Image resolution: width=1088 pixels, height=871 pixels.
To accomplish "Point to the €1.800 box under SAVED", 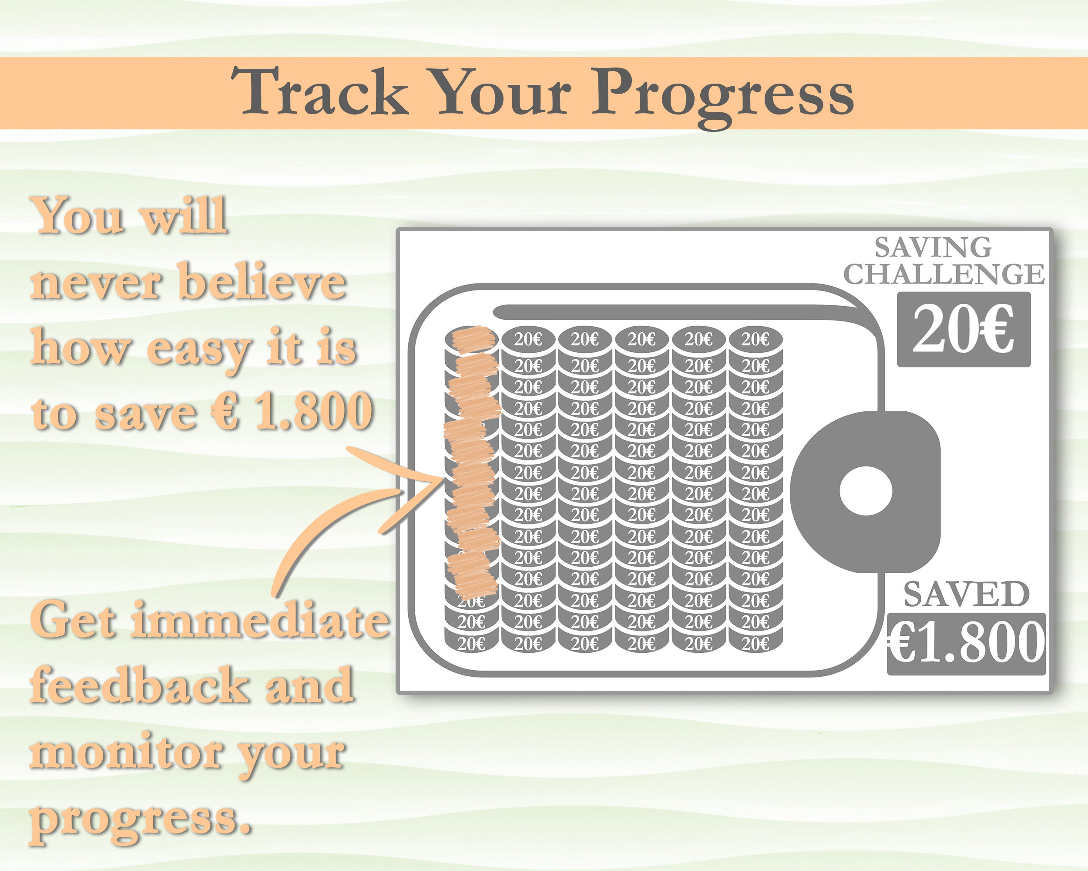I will pyautogui.click(x=966, y=644).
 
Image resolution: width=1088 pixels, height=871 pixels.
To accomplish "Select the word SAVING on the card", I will pyautogui.click(x=933, y=247).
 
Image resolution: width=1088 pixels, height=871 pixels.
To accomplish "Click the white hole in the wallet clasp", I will pyautogui.click(x=866, y=491).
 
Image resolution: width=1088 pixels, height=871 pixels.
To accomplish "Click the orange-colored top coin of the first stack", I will pyautogui.click(x=471, y=337).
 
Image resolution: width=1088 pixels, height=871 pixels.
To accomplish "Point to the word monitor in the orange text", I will pyautogui.click(x=126, y=753).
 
